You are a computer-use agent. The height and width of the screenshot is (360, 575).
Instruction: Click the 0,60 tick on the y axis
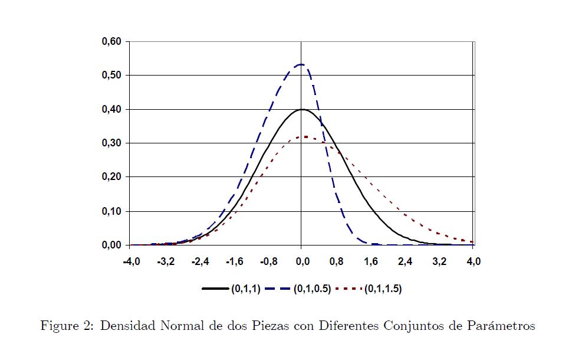111,42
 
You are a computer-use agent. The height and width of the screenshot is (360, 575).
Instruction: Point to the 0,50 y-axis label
111,76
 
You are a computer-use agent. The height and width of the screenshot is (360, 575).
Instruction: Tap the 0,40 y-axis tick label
111,110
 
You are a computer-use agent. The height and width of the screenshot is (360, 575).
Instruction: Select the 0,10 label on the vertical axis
111,211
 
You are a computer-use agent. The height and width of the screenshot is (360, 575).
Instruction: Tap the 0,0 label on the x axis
302,261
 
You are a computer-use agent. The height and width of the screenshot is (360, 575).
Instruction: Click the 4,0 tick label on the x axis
473,261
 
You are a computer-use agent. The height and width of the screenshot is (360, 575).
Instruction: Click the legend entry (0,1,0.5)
312,289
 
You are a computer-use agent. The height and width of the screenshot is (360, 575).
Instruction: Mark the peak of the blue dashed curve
301,64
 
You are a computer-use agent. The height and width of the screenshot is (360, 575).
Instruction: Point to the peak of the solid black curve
301,109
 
